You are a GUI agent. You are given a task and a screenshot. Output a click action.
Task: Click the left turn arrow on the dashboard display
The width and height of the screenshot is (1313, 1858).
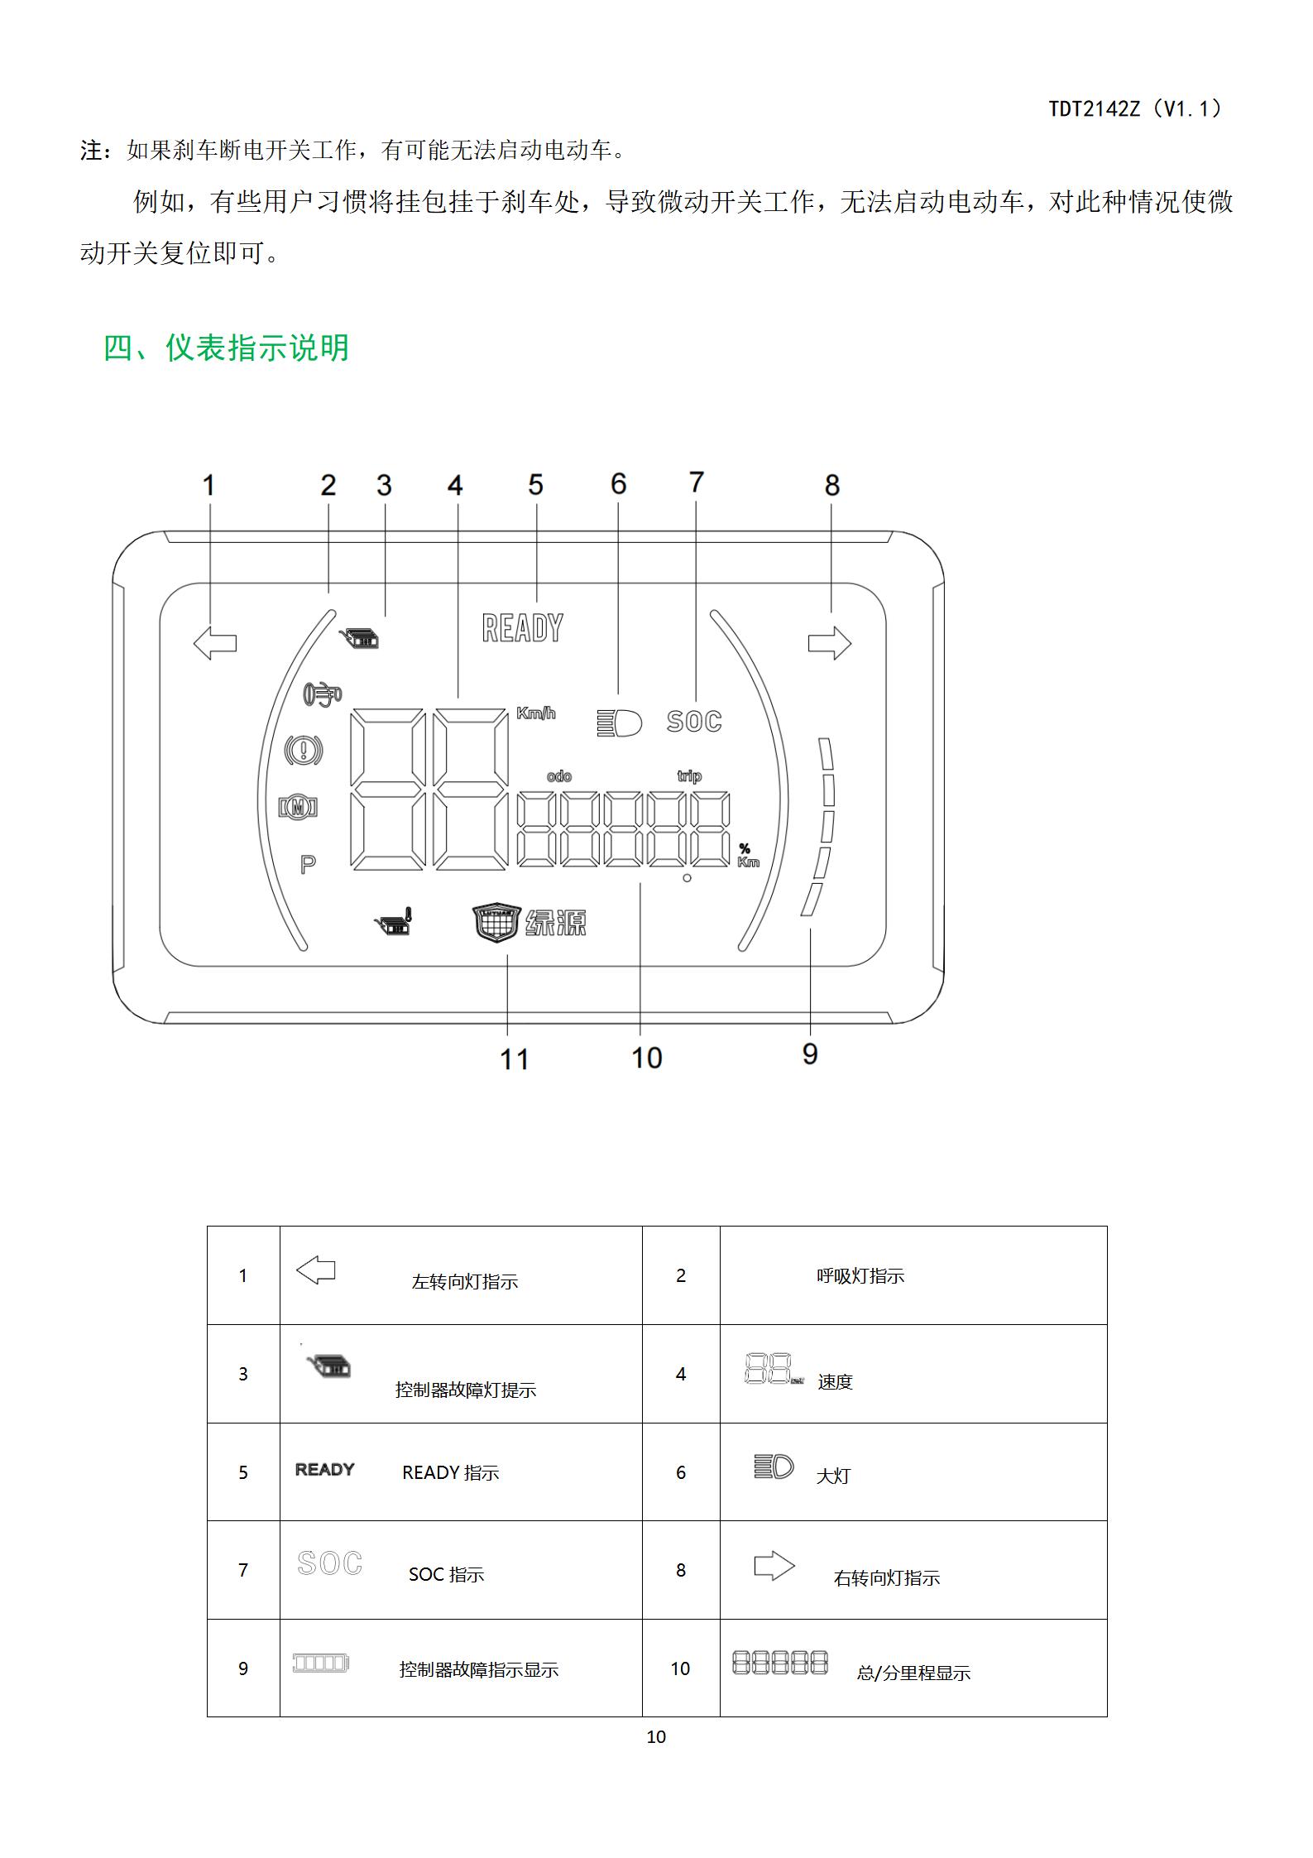click(x=214, y=643)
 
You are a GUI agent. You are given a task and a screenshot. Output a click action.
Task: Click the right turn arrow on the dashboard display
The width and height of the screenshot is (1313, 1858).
click(x=830, y=643)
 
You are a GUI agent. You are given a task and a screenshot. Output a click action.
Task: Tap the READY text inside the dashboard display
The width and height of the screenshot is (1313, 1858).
click(x=523, y=628)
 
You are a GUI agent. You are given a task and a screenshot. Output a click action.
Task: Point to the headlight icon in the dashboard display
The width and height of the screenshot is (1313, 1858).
click(x=619, y=723)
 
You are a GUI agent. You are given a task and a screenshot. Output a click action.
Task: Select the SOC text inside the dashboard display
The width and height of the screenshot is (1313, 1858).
click(x=694, y=722)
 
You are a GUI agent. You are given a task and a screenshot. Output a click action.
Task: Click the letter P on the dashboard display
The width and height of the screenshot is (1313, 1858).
click(x=308, y=865)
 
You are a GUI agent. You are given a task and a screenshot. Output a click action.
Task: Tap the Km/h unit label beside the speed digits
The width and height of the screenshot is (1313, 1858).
click(x=536, y=713)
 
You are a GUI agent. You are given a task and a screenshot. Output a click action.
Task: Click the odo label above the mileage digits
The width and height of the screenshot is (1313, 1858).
click(x=559, y=776)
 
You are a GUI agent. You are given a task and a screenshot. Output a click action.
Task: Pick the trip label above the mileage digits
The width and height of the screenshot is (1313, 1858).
click(x=689, y=776)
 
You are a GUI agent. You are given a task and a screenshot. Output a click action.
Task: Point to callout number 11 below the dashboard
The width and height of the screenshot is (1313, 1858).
click(x=514, y=1059)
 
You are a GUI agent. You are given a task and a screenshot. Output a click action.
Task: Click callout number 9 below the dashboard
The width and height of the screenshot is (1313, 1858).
click(x=810, y=1054)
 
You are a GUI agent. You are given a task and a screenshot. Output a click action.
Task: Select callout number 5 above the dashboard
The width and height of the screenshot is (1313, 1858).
click(x=535, y=485)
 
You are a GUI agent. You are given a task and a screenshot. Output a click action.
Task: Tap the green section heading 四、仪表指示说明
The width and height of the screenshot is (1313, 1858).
click(x=226, y=348)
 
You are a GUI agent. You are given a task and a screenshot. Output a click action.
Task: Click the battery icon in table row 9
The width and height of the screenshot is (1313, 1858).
click(x=321, y=1663)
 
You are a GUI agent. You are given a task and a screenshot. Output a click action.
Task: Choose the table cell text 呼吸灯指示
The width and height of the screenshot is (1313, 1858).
click(x=860, y=1276)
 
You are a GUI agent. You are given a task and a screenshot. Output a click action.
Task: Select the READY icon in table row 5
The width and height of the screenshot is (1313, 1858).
click(x=325, y=1470)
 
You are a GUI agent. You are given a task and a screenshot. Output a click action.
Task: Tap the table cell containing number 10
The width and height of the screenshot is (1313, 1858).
click(x=681, y=1668)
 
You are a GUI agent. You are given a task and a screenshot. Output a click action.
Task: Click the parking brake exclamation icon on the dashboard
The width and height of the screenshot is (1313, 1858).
click(x=303, y=751)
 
